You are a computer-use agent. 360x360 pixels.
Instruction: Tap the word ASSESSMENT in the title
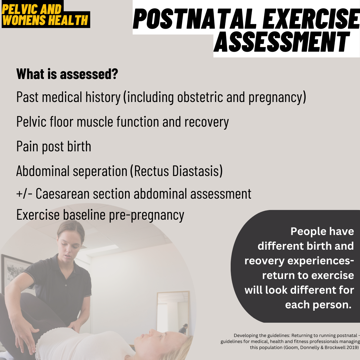click(282, 42)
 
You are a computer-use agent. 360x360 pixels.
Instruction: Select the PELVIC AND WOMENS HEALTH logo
click(45, 15)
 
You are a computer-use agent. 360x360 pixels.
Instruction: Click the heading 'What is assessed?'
click(67, 74)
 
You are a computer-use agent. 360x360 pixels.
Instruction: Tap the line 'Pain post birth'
click(54, 147)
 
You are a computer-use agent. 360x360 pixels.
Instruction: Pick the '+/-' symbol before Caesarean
click(24, 194)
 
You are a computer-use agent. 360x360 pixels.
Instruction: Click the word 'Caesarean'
click(66, 194)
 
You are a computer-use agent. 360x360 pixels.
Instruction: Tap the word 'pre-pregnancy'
click(147, 215)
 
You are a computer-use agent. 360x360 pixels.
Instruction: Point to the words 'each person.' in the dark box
click(318, 305)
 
